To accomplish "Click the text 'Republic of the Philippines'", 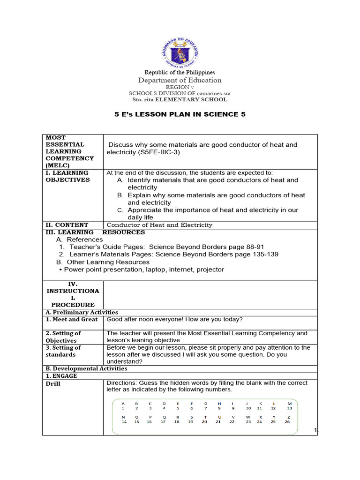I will (x=180, y=73).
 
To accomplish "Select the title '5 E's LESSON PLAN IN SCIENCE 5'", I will (x=180, y=114).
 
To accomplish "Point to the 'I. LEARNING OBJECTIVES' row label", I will (x=67, y=176).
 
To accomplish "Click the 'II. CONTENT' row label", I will (x=67, y=225).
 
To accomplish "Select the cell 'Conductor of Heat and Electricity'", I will (x=159, y=225).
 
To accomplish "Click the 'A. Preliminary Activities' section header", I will (x=82, y=312).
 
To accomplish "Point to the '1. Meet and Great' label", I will (x=72, y=319).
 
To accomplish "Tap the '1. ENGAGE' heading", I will (x=61, y=376).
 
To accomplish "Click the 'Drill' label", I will (x=53, y=384).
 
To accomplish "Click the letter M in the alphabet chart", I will (x=289, y=403).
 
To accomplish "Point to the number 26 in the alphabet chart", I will (x=287, y=421).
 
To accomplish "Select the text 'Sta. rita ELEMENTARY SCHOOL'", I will (x=180, y=99).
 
